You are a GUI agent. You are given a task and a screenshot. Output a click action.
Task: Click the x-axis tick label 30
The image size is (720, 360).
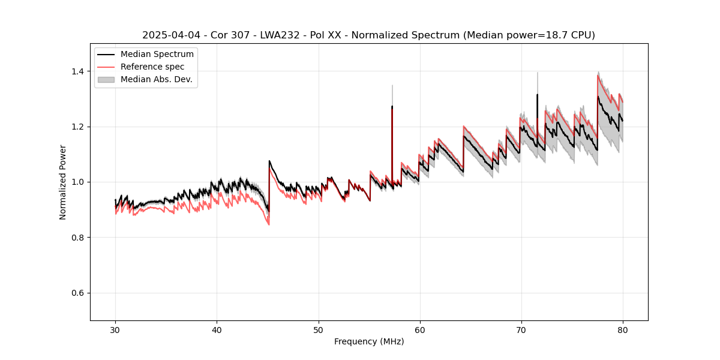(115, 330)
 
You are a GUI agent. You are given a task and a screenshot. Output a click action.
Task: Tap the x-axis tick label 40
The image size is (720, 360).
(217, 330)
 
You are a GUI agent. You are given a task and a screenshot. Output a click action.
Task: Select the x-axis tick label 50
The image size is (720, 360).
(318, 330)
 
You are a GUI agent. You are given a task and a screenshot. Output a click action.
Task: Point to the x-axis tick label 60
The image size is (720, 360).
(419, 330)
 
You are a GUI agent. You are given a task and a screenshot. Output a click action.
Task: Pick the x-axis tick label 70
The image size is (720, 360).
(521, 330)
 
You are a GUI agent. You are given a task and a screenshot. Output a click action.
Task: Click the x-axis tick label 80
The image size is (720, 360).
(622, 330)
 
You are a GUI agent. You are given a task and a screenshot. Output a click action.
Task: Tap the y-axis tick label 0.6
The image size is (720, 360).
(77, 293)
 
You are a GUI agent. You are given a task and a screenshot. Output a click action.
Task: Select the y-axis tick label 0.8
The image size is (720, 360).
(77, 238)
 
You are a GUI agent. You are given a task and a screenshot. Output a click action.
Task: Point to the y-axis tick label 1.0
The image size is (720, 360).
(77, 182)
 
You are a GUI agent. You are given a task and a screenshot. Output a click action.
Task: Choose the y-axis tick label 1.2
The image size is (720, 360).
(77, 127)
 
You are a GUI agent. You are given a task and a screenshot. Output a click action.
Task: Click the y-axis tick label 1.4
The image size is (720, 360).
(77, 71)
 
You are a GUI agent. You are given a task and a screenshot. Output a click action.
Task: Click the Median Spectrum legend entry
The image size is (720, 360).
(157, 55)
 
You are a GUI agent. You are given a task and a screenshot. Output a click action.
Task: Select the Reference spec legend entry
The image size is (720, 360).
(152, 67)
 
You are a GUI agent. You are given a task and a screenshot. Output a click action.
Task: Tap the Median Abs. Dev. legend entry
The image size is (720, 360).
(156, 79)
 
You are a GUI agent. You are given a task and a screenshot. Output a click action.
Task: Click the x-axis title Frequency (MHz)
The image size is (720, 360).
(369, 342)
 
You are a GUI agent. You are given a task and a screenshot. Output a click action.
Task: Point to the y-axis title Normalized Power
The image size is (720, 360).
(63, 182)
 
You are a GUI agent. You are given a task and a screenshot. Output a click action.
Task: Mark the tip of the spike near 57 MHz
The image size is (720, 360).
(392, 106)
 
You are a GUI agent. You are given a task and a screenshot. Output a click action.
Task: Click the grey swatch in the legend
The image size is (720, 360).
(106, 79)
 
